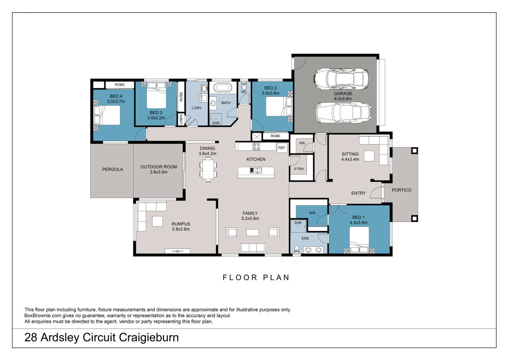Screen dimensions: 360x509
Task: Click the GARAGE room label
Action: (343, 94)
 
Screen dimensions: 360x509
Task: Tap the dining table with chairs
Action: (208, 169)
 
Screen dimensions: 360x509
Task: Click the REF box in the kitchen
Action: (282, 148)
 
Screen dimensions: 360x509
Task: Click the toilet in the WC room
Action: (244, 86)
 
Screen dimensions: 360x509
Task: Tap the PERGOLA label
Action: (112, 169)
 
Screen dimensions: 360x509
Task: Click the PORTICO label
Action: (402, 190)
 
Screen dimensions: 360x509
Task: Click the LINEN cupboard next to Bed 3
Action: (180, 119)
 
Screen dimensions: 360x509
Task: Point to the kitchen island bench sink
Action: (256, 170)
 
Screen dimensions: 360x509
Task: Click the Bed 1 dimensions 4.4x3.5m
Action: (359, 222)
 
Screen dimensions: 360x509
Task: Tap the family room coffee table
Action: (253, 232)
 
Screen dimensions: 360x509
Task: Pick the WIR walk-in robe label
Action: (312, 213)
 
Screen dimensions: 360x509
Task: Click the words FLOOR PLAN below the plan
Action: (256, 278)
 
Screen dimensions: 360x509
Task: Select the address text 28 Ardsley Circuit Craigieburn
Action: (102, 338)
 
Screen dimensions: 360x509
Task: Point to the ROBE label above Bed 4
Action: (119, 84)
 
